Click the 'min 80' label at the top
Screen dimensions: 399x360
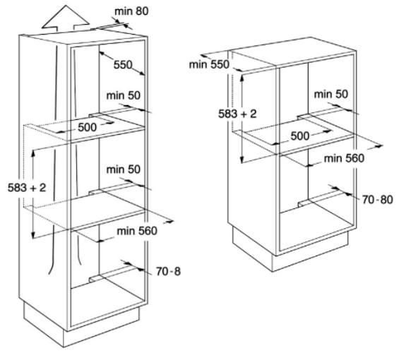131,11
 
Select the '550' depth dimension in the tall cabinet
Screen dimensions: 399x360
123,65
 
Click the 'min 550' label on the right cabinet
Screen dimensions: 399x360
209,64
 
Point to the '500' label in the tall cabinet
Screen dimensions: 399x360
88,127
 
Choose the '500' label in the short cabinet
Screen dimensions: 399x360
300,136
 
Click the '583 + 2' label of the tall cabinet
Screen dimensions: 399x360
27,188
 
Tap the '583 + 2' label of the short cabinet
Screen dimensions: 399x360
237,114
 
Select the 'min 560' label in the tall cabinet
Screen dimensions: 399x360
137,231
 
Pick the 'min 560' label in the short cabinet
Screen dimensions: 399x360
344,159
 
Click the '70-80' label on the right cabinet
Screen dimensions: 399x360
378,200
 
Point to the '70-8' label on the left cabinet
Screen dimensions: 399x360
168,272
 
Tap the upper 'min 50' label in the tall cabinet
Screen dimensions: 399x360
124,96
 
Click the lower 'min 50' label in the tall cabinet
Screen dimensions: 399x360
124,169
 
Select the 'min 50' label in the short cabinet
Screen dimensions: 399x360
330,94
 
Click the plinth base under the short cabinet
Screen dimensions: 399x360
290,251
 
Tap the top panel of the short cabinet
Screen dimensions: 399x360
292,52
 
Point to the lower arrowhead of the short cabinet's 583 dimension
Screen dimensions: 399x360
242,160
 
